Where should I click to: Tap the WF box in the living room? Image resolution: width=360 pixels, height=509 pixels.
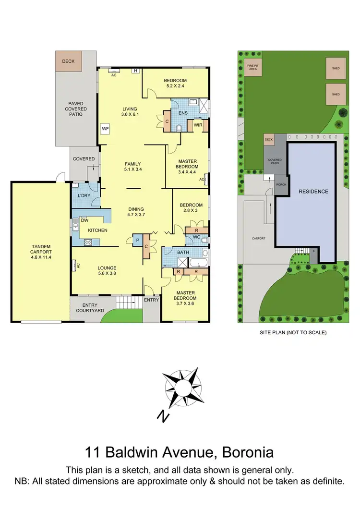coord(105,129)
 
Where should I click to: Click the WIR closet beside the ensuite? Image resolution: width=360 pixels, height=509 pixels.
coord(197,126)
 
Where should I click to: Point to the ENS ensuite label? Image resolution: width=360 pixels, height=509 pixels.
coord(182,113)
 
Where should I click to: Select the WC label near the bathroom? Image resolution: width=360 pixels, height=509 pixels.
coord(197,237)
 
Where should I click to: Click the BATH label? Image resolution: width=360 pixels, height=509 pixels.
coord(182,252)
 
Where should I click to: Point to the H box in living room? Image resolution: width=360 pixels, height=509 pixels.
coord(136,71)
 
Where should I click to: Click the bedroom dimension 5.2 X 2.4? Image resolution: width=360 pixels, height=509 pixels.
coord(175,86)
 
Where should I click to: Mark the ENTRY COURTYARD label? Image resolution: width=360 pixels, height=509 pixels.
coord(87,308)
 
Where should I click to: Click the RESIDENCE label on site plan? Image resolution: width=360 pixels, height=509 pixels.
coord(313,191)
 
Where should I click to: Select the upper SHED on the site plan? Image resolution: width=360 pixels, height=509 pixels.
coord(336,68)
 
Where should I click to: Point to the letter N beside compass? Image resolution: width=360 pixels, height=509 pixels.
coord(164,416)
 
